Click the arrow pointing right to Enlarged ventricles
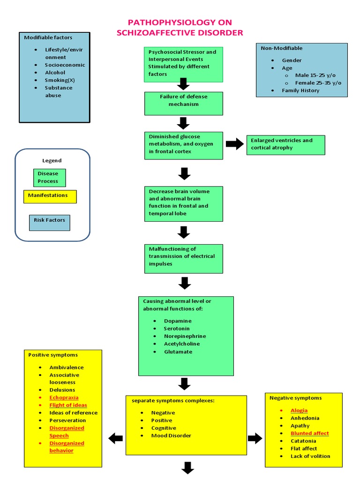[235, 144]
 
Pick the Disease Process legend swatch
[49, 177]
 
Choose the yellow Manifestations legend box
[50, 196]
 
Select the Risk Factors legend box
[49, 223]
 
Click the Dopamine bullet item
[178, 321]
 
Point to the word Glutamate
[178, 352]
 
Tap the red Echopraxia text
[65, 397]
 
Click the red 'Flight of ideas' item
[68, 405]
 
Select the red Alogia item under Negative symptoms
[299, 411]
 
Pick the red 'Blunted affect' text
[309, 433]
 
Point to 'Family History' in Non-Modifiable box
[300, 90]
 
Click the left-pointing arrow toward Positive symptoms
[115, 439]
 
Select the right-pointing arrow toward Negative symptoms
[255, 439]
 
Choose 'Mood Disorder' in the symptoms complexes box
[171, 435]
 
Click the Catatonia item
[303, 441]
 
